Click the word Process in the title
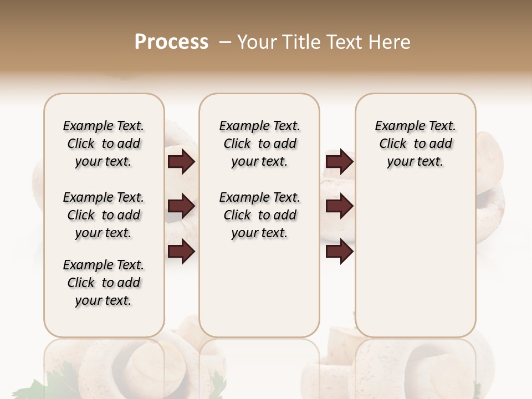171,42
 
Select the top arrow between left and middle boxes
181,162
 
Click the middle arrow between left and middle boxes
181,206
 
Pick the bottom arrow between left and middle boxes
181,252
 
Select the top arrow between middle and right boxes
339,162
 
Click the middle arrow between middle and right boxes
339,206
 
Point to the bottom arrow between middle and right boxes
339,252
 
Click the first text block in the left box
104,144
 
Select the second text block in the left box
104,215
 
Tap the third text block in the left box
104,283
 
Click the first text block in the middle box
259,144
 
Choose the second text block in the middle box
259,215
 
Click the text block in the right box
416,144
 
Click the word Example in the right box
395,126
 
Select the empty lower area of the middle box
259,288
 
